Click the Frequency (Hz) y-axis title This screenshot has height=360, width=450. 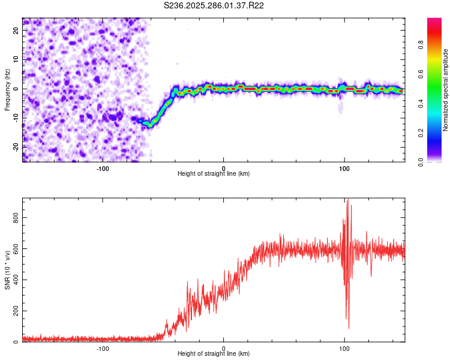tap(7, 89)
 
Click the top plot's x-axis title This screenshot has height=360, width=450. tap(214, 173)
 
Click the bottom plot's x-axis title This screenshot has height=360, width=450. tap(214, 353)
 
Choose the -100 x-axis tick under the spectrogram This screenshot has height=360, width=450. tap(103, 168)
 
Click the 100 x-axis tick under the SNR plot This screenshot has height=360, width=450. tap(344, 348)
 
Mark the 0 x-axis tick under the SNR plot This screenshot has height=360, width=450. tap(224, 348)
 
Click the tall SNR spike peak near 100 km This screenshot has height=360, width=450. tap(347, 200)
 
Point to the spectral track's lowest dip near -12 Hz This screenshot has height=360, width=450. tap(149, 125)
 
